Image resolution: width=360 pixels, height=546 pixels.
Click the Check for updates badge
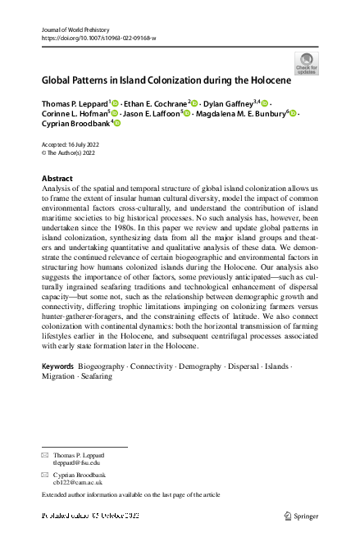(308, 63)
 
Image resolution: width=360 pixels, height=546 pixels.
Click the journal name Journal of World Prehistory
(75, 30)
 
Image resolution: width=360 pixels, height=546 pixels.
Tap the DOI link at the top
(98, 39)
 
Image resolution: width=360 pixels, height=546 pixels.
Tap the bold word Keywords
(58, 366)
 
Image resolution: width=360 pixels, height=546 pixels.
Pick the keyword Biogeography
(102, 366)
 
